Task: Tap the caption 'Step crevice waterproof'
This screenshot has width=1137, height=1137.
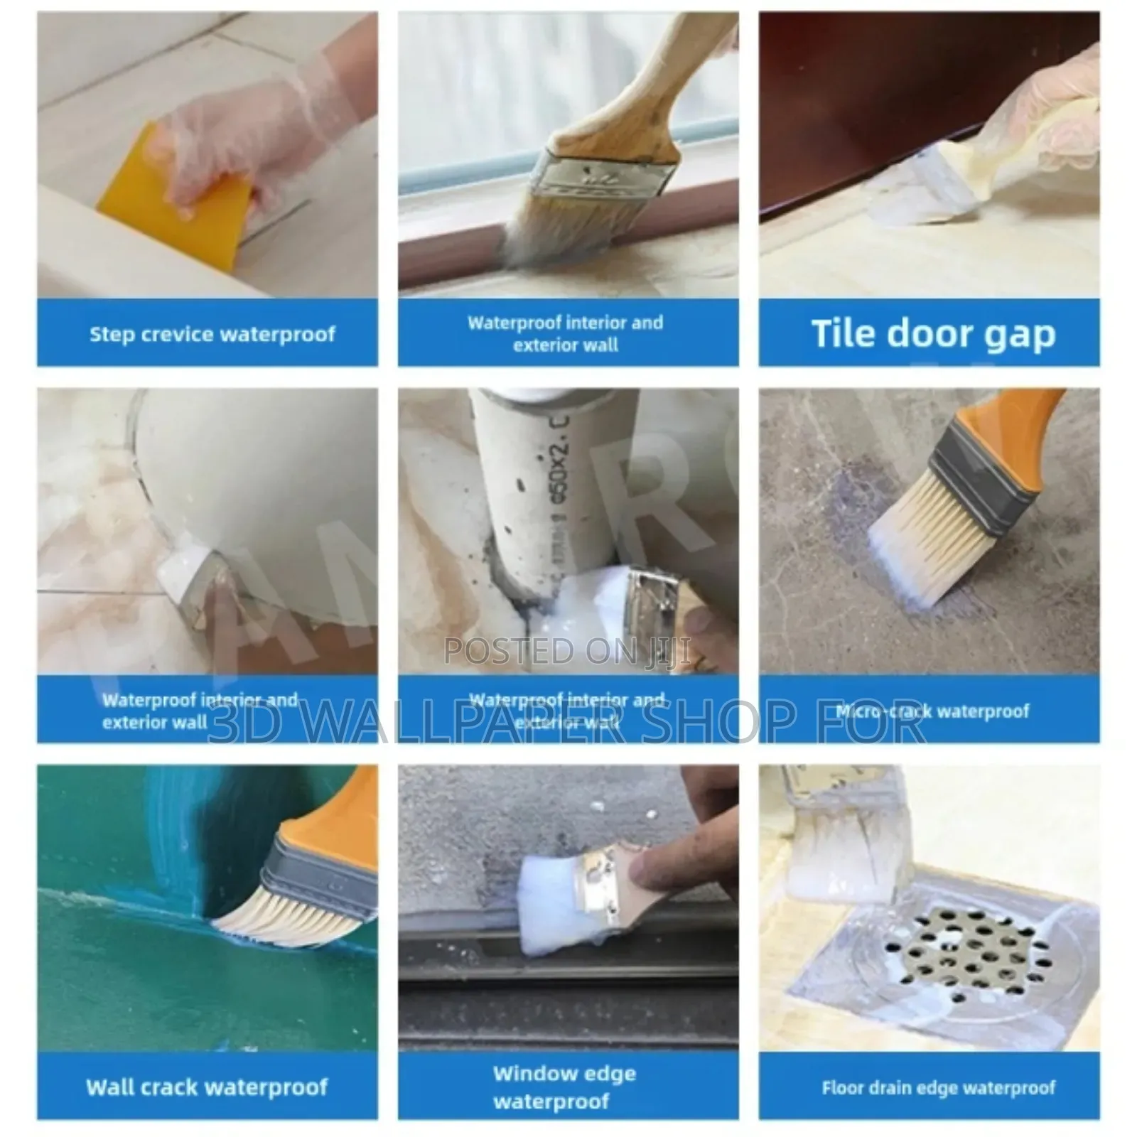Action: tap(212, 334)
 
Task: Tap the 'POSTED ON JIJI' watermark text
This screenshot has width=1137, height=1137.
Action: tap(566, 652)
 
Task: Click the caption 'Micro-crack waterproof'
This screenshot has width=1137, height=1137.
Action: tap(932, 711)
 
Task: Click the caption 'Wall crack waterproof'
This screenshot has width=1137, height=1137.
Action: tap(207, 1087)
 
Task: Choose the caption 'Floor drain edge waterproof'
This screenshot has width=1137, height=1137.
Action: tap(938, 1088)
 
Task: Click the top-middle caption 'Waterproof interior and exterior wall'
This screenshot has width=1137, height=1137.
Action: tap(566, 333)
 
